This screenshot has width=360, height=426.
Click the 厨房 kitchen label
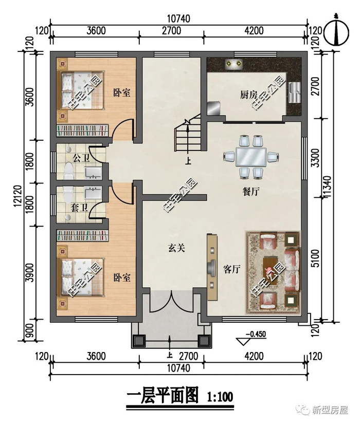tap(248, 95)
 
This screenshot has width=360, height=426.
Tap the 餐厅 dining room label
tap(250, 192)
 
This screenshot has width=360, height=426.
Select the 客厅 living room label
tap(231, 269)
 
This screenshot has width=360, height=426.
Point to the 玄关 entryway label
tap(176, 248)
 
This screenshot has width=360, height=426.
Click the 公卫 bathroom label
tap(81, 158)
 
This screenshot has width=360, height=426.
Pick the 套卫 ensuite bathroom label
tap(79, 208)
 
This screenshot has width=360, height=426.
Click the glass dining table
tap(250, 157)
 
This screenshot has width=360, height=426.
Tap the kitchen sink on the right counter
tap(295, 92)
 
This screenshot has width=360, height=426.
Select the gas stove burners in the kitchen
tap(234, 64)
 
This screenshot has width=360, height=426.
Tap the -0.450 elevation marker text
tap(255, 334)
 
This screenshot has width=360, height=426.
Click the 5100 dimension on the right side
tap(316, 258)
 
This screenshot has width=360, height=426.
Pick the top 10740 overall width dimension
tap(178, 19)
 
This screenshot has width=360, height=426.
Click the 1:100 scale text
tap(220, 397)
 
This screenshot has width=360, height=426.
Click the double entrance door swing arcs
tap(170, 302)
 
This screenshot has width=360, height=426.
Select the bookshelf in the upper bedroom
tap(82, 130)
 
